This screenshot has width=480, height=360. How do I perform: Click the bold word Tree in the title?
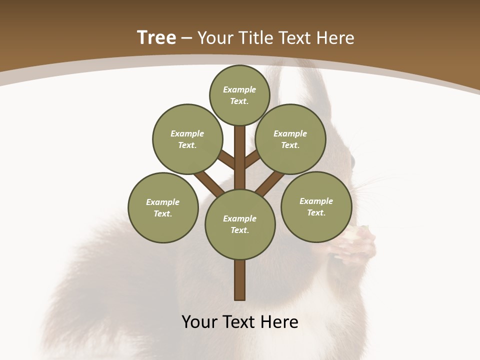[x=156, y=38]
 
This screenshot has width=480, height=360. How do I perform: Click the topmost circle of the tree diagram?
[x=239, y=95]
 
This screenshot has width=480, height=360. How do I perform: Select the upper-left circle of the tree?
[x=187, y=139]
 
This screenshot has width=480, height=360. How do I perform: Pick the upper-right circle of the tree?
[x=290, y=139]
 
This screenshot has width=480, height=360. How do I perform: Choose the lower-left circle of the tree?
[x=163, y=207]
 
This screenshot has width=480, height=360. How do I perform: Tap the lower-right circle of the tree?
[x=316, y=206]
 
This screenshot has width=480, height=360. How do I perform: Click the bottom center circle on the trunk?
[x=240, y=224]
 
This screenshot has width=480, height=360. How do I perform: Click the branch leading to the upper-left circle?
[x=226, y=160]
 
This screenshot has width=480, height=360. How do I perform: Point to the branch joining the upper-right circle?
[x=252, y=159]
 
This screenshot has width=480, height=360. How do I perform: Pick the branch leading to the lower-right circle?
[x=270, y=183]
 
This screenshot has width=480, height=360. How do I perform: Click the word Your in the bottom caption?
[x=199, y=322]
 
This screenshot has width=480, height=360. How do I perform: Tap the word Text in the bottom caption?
[x=239, y=322]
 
